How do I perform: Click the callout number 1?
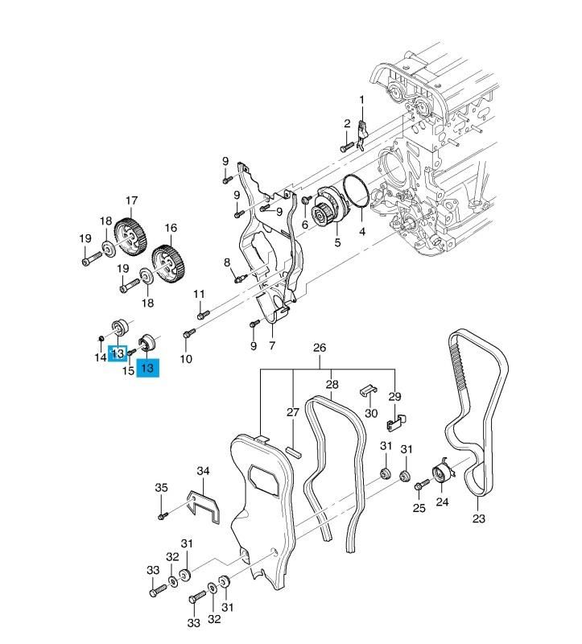[361, 100]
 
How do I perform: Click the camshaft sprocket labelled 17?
[130, 234]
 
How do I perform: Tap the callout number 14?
[100, 357]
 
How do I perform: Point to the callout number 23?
[479, 518]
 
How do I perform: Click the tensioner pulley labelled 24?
[442, 473]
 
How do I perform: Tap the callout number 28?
[331, 384]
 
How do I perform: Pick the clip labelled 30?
[367, 390]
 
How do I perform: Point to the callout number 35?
[161, 488]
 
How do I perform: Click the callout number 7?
[272, 346]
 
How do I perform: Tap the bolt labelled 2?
[345, 147]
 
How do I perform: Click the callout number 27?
[293, 412]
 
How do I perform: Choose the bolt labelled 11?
[202, 314]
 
